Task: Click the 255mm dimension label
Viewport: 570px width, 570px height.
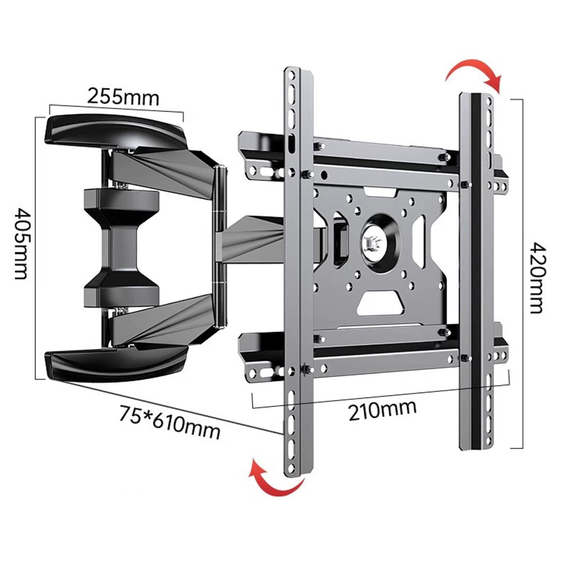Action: [123, 97]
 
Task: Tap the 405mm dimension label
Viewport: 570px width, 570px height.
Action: [21, 243]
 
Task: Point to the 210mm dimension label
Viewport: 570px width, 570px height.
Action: [382, 410]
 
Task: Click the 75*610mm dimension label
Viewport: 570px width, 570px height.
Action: [169, 422]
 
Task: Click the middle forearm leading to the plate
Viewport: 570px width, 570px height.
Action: [251, 239]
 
